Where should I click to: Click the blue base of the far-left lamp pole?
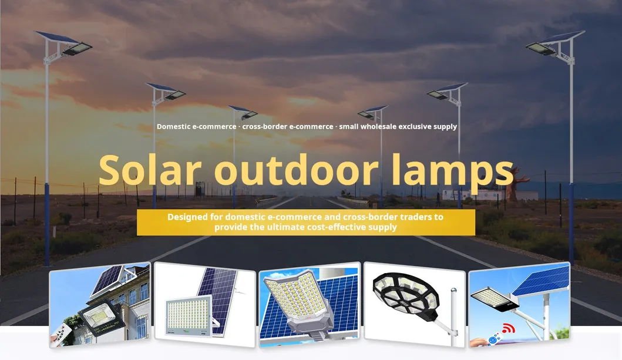tap(46, 223)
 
